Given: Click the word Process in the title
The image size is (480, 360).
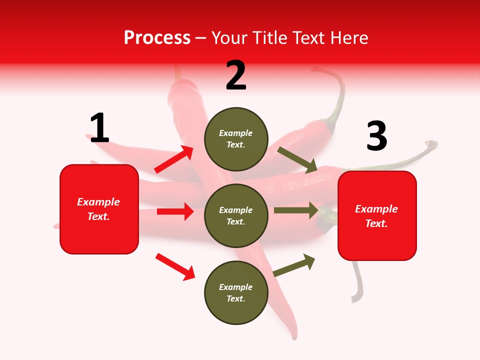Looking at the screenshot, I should (157, 38).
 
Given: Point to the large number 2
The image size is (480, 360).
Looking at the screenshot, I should (236, 75).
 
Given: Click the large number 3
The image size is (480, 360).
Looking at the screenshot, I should (376, 136).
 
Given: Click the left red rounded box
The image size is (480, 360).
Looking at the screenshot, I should (99, 209).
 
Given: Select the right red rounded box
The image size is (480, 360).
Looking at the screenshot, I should (377, 215).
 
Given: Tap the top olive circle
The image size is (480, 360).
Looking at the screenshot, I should (236, 139).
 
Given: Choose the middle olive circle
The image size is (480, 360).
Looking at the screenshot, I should (236, 215).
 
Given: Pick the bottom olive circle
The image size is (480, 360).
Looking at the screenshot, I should (236, 292).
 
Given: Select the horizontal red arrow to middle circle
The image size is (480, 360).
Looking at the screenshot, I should (175, 211).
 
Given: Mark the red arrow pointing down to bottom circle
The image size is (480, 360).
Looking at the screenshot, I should (175, 266).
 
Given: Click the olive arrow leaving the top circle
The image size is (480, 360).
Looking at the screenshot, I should (297, 160).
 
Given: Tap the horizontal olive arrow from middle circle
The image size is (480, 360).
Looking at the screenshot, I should (296, 210).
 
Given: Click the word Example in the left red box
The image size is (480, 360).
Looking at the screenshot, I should (98, 202).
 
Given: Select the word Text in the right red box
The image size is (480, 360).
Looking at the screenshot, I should (376, 223).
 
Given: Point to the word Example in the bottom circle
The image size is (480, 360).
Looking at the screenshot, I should (236, 287).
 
